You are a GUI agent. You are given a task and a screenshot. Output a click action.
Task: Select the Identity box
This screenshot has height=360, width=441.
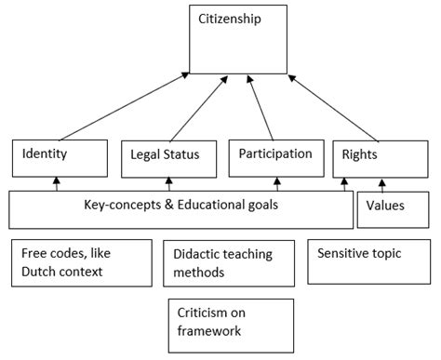tap(56, 156)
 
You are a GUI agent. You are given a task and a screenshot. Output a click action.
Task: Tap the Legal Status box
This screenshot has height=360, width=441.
tap(166, 156)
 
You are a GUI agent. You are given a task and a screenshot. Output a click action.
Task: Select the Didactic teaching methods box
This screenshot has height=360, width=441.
tap(223, 262)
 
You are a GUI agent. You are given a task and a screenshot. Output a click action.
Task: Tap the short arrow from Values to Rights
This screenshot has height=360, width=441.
tap(382, 183)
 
